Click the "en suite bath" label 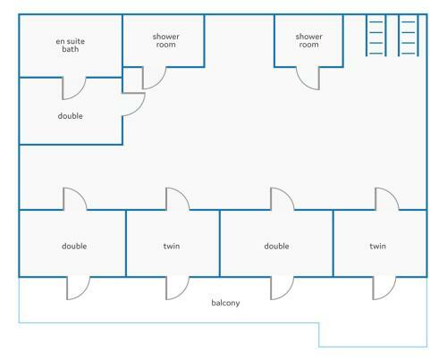[x=71, y=46]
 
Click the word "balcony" [x=225, y=303]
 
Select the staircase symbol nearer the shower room [x=376, y=35]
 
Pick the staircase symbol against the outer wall [x=409, y=35]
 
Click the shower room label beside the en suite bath [x=166, y=40]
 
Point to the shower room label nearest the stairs [x=309, y=40]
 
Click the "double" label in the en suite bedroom [x=71, y=116]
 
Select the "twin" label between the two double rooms [x=172, y=246]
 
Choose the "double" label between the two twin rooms [x=276, y=246]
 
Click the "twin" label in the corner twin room [x=378, y=246]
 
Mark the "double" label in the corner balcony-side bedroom [x=74, y=246]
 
